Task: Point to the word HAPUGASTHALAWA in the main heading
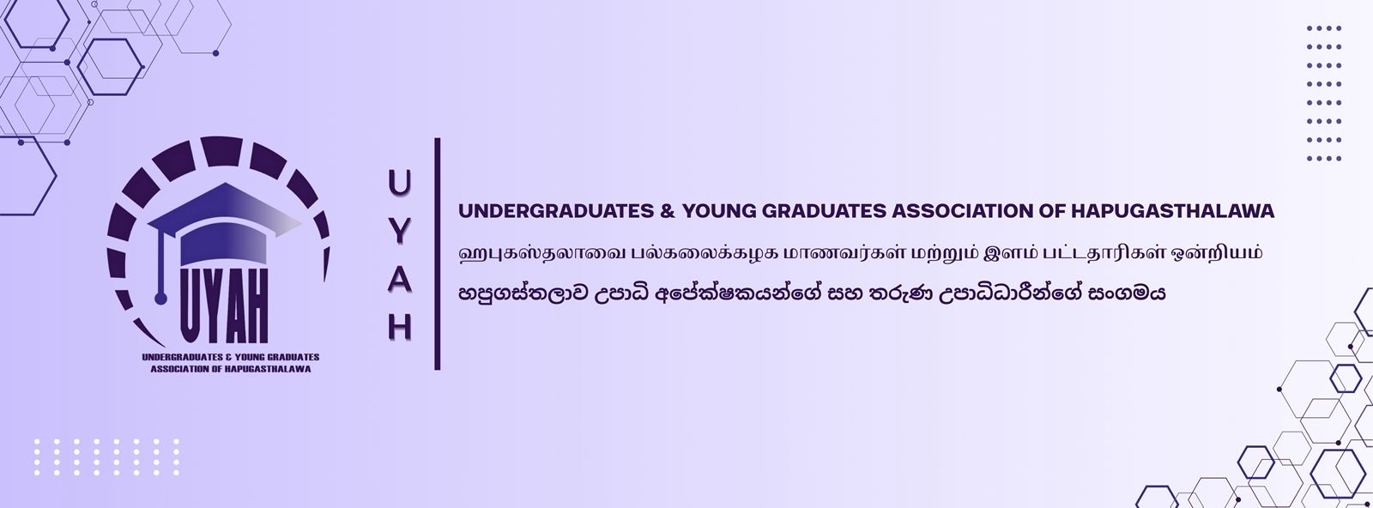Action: click(x=1172, y=211)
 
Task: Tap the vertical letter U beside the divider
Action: click(x=399, y=183)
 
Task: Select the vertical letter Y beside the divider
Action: click(x=399, y=231)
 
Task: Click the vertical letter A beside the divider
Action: click(x=399, y=280)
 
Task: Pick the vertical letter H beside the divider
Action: click(x=399, y=327)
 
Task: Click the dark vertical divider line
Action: click(x=437, y=254)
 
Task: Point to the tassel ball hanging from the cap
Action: click(x=160, y=299)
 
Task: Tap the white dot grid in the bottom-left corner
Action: click(x=106, y=457)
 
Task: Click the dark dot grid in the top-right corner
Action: click(x=1324, y=94)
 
